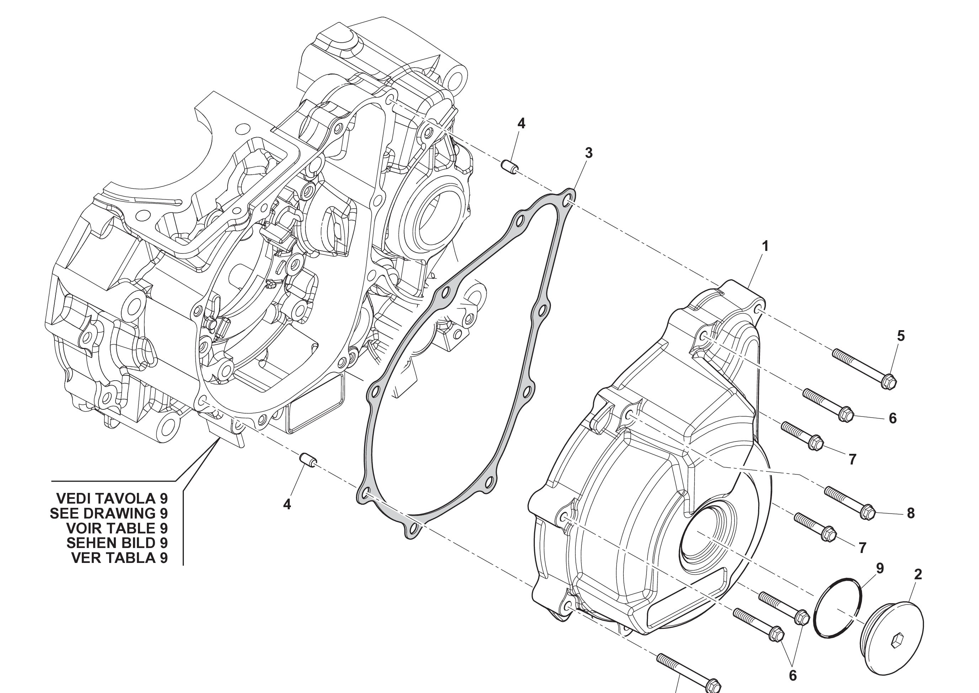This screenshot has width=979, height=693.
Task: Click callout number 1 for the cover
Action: click(x=765, y=246)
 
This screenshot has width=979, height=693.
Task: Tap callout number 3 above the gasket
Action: click(x=589, y=153)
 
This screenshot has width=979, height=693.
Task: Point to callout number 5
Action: click(x=900, y=336)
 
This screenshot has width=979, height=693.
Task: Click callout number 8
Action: click(x=911, y=513)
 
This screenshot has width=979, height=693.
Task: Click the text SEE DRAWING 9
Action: click(x=109, y=513)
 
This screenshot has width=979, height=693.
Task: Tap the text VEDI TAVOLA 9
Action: click(x=112, y=498)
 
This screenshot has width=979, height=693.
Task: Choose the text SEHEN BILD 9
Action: click(x=117, y=543)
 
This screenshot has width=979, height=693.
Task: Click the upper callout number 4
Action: click(x=521, y=124)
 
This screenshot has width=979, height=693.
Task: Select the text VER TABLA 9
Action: click(x=119, y=558)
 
